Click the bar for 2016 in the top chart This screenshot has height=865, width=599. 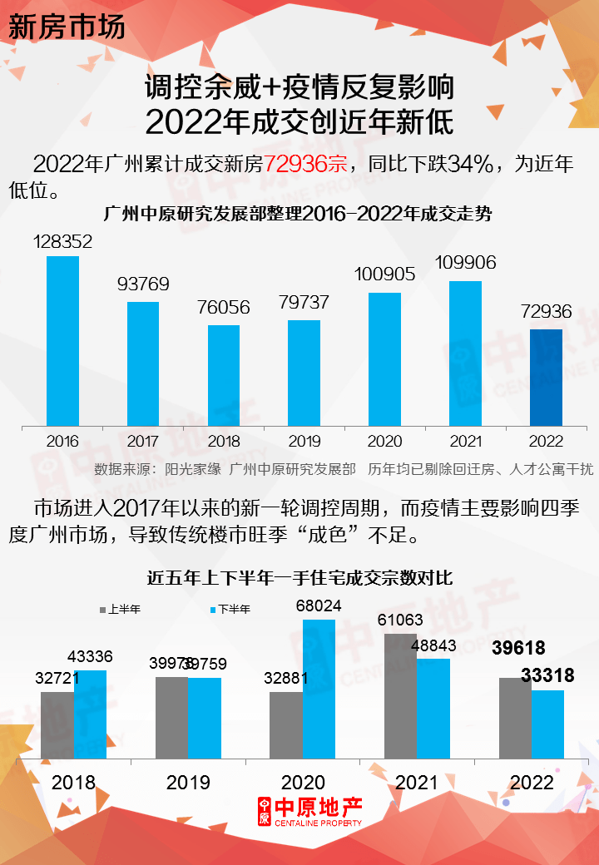62,341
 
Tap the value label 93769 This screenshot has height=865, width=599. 143,284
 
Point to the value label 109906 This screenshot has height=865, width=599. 465,263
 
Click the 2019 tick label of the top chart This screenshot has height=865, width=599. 304,441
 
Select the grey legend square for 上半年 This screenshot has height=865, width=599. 103,610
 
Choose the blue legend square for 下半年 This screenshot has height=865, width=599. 213,610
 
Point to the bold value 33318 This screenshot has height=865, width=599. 547,675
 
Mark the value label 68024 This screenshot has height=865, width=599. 319,606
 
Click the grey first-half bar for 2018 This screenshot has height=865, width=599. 57,724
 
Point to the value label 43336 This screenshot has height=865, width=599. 90,657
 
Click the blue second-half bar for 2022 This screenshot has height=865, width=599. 547,724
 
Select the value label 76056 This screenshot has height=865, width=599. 223,308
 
